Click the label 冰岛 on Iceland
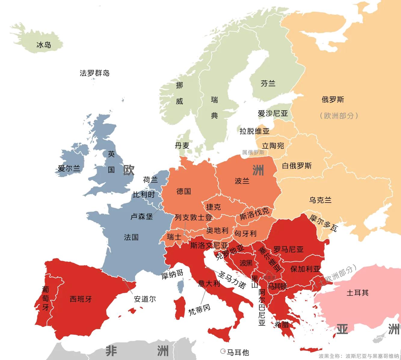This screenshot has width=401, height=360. pyautogui.click(x=44, y=45)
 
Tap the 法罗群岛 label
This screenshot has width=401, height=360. pyautogui.click(x=94, y=73)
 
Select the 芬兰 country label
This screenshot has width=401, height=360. pyautogui.click(x=268, y=84)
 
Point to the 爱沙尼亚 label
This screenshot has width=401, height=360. pyautogui.click(x=273, y=113)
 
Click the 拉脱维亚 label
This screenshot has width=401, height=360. pyautogui.click(x=254, y=131)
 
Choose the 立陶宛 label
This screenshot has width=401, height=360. pyautogui.click(x=273, y=146)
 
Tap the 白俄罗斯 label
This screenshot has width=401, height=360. pyautogui.click(x=297, y=166)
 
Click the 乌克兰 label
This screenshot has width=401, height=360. pyautogui.click(x=320, y=200)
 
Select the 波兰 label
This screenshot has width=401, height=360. pyautogui.click(x=242, y=181)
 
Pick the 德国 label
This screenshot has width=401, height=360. pyautogui.click(x=184, y=191)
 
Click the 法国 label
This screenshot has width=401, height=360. pyautogui.click(x=131, y=237)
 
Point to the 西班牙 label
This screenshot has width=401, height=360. pyautogui.click(x=81, y=299)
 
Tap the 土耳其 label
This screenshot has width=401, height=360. pyautogui.click(x=357, y=292)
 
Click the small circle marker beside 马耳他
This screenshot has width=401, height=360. pyautogui.click(x=223, y=351)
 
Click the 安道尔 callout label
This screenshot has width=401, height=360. pyautogui.click(x=145, y=299)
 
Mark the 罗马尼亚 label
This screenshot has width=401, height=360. pyautogui.click(x=288, y=249)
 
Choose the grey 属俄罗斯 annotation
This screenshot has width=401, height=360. pyautogui.click(x=253, y=152)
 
